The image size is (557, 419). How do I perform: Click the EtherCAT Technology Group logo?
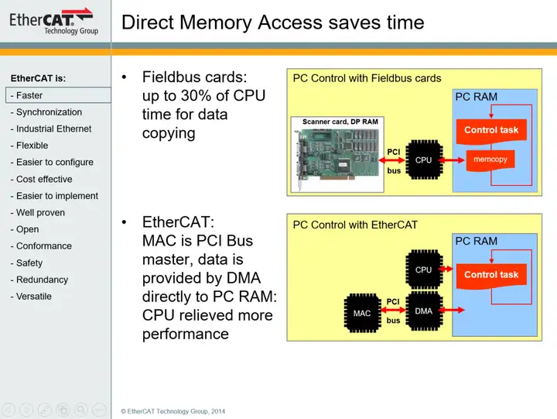tap(52, 21)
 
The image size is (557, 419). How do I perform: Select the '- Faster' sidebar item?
tap(29, 95)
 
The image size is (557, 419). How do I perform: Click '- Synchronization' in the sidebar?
tap(46, 112)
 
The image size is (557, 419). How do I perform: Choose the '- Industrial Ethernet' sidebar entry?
tap(50, 129)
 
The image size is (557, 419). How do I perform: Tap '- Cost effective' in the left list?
tap(41, 179)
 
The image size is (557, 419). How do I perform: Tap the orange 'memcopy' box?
tap(490, 160)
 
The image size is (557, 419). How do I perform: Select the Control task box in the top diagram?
tap(491, 130)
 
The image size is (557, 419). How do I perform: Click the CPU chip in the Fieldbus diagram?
tap(423, 160)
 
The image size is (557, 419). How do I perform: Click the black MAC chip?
tap(361, 314)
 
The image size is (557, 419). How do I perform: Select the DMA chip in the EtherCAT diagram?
tap(423, 311)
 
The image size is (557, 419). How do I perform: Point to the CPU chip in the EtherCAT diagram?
tap(423, 270)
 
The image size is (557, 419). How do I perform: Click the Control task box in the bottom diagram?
tap(491, 275)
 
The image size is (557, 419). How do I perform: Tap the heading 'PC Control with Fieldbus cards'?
tap(367, 78)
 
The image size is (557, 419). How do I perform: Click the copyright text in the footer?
tap(173, 411)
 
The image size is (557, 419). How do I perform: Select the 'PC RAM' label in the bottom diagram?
tap(476, 241)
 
